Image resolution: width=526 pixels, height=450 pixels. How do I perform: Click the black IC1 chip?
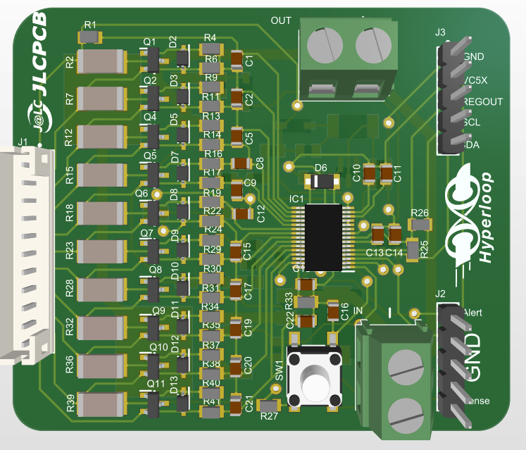pyautogui.click(x=324, y=237)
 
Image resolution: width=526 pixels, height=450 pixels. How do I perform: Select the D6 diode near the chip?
pyautogui.click(x=324, y=181)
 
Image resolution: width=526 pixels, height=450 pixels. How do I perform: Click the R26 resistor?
pyautogui.click(x=420, y=225)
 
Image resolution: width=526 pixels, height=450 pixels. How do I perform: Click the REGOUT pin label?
pyautogui.click(x=483, y=101)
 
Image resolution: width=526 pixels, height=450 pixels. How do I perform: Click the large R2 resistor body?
pyautogui.click(x=102, y=61)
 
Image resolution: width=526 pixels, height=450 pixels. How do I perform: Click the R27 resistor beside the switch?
pyautogui.click(x=268, y=406)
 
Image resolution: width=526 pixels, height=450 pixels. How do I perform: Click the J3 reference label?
pyautogui.click(x=440, y=32)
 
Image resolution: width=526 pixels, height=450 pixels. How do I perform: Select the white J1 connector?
pyautogui.click(x=25, y=254)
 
